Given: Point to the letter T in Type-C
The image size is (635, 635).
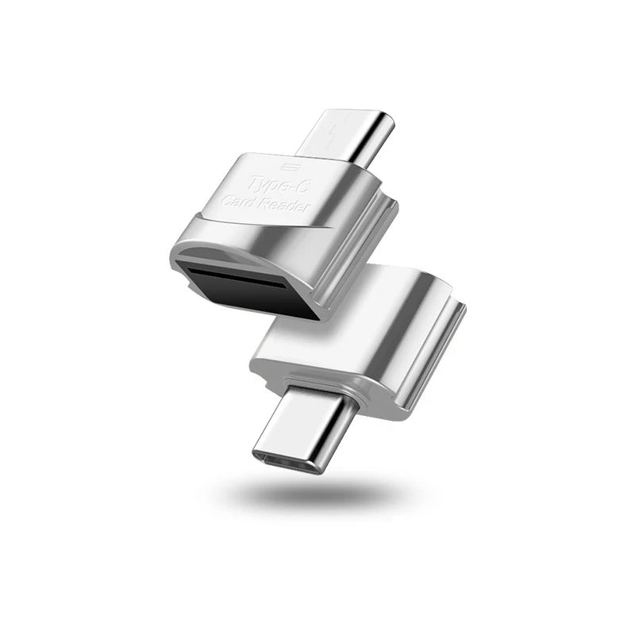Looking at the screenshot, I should [x=255, y=181].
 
